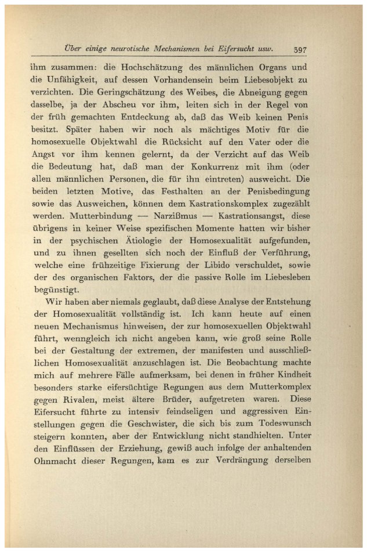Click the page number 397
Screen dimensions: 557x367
point(301,49)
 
